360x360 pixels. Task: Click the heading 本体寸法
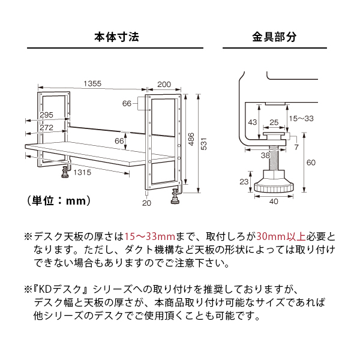(116, 37)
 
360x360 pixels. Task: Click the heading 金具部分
(274, 37)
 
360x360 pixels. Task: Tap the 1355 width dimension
(92, 83)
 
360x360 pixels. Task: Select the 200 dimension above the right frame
(164, 83)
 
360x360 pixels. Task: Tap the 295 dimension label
(47, 115)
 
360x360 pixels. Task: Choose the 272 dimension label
(47, 128)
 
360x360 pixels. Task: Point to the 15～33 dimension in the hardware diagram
(301, 119)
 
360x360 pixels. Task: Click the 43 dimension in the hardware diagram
(253, 122)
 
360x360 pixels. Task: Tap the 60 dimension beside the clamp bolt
(310, 162)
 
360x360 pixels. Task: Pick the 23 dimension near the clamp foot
(244, 181)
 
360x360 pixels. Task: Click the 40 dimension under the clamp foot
(274, 202)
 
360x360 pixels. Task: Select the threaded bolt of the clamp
(274, 159)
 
